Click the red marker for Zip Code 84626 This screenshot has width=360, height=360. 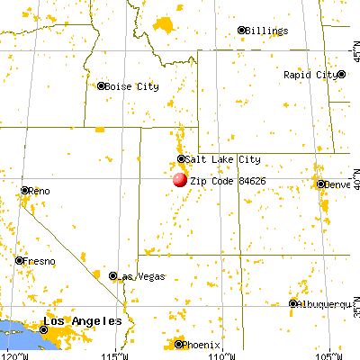tap(180, 180)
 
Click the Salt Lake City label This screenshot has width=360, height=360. tap(223, 159)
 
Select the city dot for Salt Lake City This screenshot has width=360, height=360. tap(181, 159)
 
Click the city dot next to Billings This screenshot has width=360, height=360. tap(242, 30)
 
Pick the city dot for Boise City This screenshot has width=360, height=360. tap(102, 86)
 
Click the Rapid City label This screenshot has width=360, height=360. tap(310, 75)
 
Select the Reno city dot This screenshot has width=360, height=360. tap(24, 191)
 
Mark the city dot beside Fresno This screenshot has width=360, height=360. tap(19, 260)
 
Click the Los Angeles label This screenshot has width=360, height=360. tap(86, 321)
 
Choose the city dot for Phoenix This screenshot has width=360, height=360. tap(178, 344)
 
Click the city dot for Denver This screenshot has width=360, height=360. tap(321, 184)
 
